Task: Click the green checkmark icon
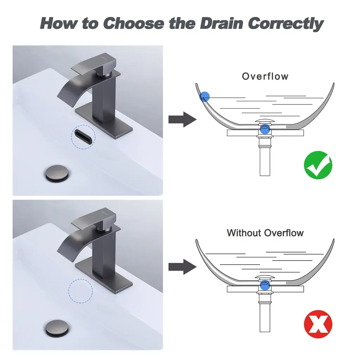(318, 165)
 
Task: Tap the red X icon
(318, 324)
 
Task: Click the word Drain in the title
(221, 24)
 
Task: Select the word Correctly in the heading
(285, 24)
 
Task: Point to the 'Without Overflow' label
(265, 233)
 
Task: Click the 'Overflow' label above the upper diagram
(265, 76)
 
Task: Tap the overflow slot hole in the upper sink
(83, 137)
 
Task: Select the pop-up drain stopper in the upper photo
(57, 174)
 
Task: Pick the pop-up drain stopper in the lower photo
(57, 329)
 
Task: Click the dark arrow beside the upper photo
(182, 120)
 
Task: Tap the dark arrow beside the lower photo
(182, 267)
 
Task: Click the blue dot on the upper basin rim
(204, 97)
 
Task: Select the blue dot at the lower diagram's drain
(265, 285)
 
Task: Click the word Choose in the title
(134, 24)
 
